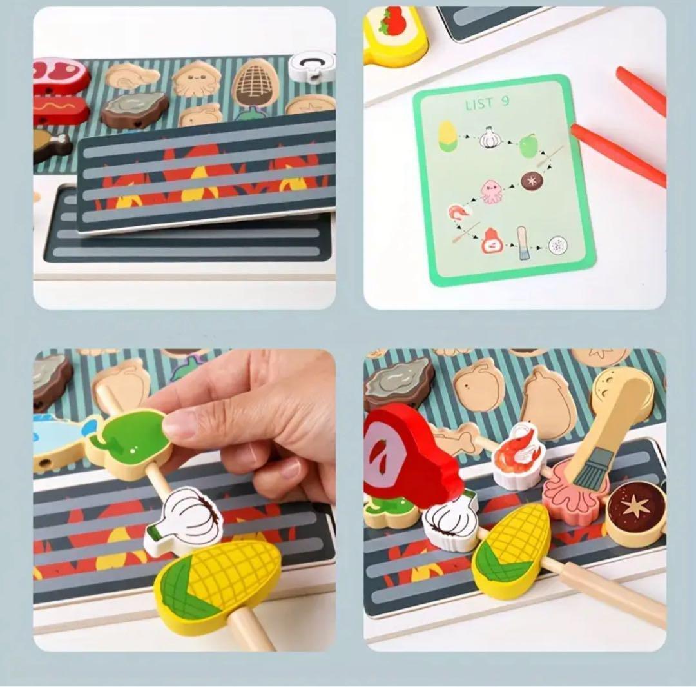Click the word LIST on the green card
pos(479,105)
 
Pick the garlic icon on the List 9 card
pos(488,137)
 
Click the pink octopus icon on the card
pos(491,192)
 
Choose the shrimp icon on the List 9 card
pos(458,213)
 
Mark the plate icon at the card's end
pos(558,245)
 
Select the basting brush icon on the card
pos(522,243)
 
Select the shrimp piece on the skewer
pos(517,456)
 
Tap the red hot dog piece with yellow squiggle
pos(61,108)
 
